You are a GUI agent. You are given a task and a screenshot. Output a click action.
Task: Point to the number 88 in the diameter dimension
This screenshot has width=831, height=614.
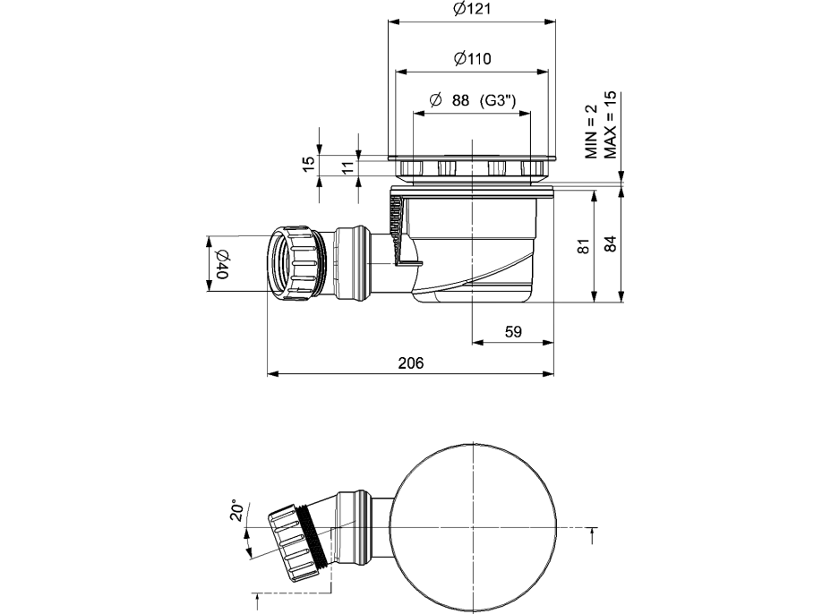(460, 101)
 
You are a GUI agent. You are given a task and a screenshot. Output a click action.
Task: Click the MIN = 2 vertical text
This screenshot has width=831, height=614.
(591, 132)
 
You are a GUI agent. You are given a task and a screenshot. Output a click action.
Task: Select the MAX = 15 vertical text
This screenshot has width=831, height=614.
(611, 124)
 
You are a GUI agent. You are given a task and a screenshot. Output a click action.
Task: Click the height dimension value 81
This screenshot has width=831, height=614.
(581, 246)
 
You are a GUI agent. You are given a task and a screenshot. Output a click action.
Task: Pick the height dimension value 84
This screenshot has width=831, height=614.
(611, 244)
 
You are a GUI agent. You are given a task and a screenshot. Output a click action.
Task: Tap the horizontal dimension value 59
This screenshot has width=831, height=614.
(513, 332)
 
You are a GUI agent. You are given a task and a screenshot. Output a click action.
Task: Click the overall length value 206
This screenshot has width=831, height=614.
(410, 362)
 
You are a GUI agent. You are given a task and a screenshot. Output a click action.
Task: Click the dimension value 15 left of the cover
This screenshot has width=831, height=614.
(308, 164)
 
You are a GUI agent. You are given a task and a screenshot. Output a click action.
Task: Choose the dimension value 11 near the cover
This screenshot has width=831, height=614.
(347, 164)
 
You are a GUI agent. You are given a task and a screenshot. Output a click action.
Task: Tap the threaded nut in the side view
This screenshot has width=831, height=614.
(295, 262)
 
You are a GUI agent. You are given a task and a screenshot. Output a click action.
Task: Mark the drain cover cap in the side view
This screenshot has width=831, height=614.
(472, 167)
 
